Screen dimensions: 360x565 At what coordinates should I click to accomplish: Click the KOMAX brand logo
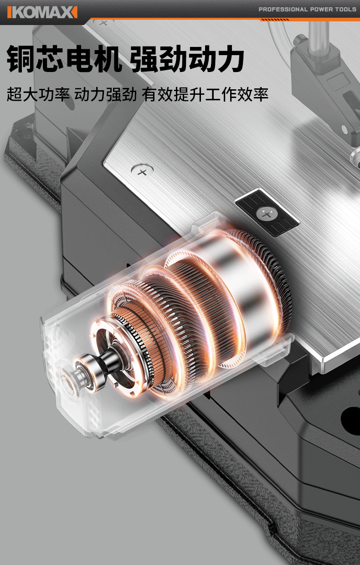pyautogui.click(x=42, y=12)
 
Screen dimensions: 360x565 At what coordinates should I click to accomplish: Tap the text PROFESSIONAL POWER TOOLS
pyautogui.click(x=307, y=10)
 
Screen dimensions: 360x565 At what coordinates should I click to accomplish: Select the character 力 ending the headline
pyautogui.click(x=229, y=59)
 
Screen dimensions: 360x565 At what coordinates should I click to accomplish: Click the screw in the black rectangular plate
pyautogui.click(x=267, y=214)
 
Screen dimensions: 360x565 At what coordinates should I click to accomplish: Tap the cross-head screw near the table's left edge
pyautogui.click(x=142, y=171)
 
